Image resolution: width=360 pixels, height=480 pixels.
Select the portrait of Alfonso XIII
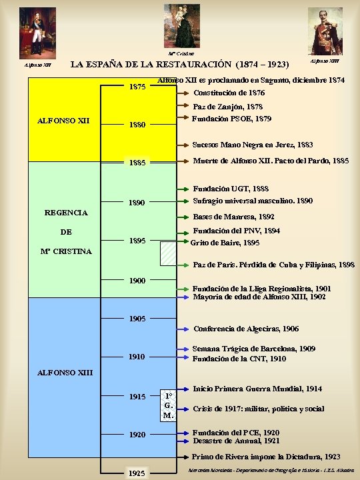pos(325,31)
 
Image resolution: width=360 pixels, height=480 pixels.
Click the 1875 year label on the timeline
pos(138,87)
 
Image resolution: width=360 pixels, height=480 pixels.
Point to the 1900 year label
pos(137,281)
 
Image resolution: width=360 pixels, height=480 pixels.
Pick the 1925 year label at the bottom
pos(137,473)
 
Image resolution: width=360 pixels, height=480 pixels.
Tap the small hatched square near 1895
pos(169,254)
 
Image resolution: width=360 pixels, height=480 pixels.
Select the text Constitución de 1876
pos(229,93)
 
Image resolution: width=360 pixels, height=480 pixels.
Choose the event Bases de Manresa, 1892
pos(233,217)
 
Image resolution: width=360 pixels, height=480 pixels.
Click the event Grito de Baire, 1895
pos(225,243)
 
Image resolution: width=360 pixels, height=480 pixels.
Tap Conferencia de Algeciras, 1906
pos(246,329)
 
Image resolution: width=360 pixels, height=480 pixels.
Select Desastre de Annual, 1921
pos(235,441)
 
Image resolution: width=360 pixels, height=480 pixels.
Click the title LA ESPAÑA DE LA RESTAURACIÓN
pos(179,65)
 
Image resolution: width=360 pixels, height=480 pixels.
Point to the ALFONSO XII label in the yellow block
pos(64,121)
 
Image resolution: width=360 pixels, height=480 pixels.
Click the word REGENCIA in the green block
pos(66,213)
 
